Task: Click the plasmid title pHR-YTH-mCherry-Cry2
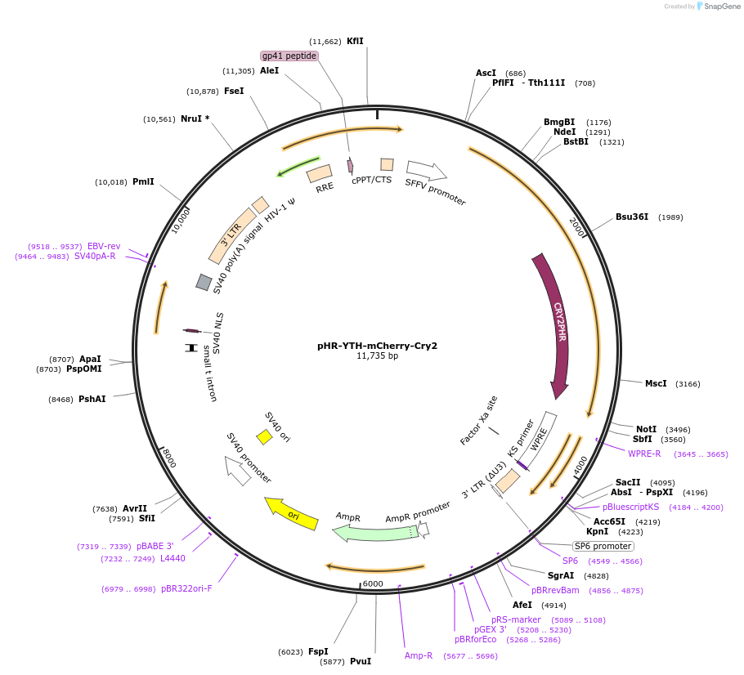pyautogui.click(x=377, y=346)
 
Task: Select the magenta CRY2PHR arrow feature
pyautogui.click(x=558, y=327)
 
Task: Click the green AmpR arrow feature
pyautogui.click(x=372, y=532)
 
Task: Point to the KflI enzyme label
pyautogui.click(x=355, y=41)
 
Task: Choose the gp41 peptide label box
pyautogui.click(x=289, y=56)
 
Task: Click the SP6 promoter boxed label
pyautogui.click(x=603, y=546)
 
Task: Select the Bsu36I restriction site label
pyautogui.click(x=632, y=217)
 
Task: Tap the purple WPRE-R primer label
pyautogui.click(x=644, y=454)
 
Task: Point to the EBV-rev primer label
pyautogui.click(x=104, y=246)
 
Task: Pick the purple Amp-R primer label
pyautogui.click(x=419, y=655)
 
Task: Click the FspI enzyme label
pyautogui.click(x=319, y=651)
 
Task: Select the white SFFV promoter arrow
pyautogui.click(x=426, y=170)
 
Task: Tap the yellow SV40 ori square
pyautogui.click(x=264, y=437)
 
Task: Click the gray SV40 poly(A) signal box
pyautogui.click(x=204, y=282)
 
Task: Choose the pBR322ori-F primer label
pyautogui.click(x=186, y=588)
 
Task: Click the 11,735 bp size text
pyautogui.click(x=377, y=356)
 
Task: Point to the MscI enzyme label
pyautogui.click(x=656, y=383)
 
